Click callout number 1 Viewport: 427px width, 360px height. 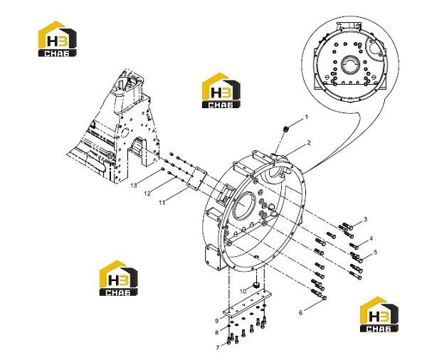[306, 117]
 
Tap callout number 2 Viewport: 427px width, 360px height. [309, 143]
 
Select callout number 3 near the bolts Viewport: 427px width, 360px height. [366, 219]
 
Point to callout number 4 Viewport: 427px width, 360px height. [371, 239]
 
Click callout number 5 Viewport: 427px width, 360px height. [376, 252]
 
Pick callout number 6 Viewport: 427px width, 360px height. [300, 312]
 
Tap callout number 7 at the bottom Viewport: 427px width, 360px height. [218, 348]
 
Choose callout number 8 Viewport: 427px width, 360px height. [217, 332]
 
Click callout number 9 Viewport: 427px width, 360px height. [217, 321]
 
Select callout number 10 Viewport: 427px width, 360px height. [243, 292]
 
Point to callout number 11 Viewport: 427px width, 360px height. [162, 203]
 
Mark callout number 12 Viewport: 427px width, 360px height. [147, 194]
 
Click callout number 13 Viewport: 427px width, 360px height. [134, 186]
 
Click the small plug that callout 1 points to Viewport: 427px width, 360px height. [285, 129]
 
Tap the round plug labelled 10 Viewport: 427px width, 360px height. [256, 285]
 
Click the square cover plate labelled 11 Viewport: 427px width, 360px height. [197, 178]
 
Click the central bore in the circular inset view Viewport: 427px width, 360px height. [350, 65]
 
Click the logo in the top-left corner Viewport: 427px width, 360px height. [57, 39]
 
